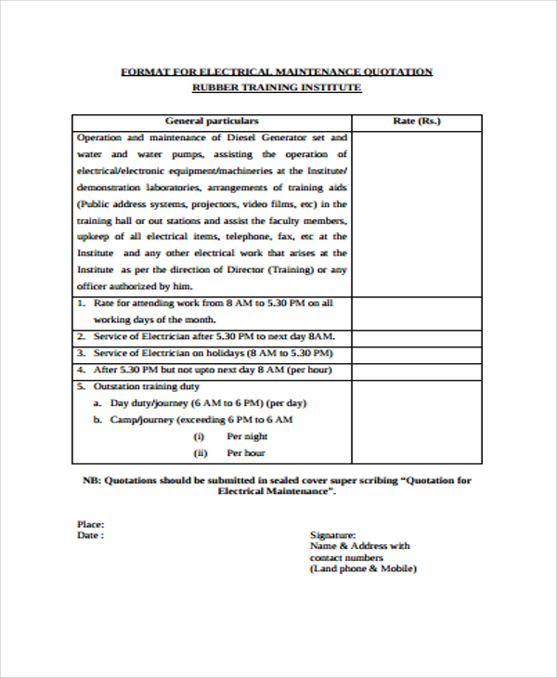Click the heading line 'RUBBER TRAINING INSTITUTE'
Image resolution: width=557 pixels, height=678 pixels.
tap(277, 87)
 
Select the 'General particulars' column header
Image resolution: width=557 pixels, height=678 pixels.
tap(212, 121)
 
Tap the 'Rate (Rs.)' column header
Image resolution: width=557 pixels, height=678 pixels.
tap(417, 121)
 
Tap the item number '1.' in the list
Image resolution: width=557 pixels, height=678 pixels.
tap(82, 304)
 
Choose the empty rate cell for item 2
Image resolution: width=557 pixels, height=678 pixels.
tap(417, 336)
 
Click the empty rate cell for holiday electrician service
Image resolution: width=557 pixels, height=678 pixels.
tap(417, 354)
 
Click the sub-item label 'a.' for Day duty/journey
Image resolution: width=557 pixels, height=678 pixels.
tap(97, 403)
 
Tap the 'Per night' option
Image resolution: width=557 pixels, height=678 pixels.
tap(247, 437)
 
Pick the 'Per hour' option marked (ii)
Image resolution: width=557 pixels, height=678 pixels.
tap(246, 453)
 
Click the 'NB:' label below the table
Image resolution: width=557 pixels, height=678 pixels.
tap(91, 481)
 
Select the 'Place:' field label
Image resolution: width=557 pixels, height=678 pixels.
tap(90, 525)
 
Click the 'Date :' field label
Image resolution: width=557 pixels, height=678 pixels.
tap(90, 536)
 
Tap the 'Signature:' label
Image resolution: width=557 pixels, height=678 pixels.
tap(332, 536)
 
